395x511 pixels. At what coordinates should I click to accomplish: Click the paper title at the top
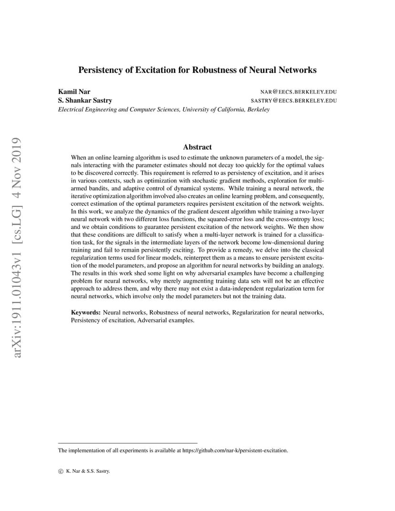click(x=197, y=70)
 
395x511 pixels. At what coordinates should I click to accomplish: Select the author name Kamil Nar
click(x=74, y=92)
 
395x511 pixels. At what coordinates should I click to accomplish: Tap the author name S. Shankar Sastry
click(x=85, y=101)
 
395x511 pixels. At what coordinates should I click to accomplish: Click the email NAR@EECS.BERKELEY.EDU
click(x=299, y=92)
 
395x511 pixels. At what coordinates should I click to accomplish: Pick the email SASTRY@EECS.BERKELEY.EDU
click(x=294, y=101)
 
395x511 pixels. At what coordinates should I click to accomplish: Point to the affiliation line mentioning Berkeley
click(x=164, y=110)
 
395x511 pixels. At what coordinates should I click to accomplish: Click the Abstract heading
click(x=197, y=147)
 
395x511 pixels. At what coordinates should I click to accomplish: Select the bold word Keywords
click(x=85, y=312)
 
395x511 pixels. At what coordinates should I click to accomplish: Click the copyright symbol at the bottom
click(x=60, y=471)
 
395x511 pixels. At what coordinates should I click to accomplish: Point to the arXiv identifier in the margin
click(x=17, y=305)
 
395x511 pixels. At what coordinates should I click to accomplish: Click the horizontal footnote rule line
click(x=127, y=443)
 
